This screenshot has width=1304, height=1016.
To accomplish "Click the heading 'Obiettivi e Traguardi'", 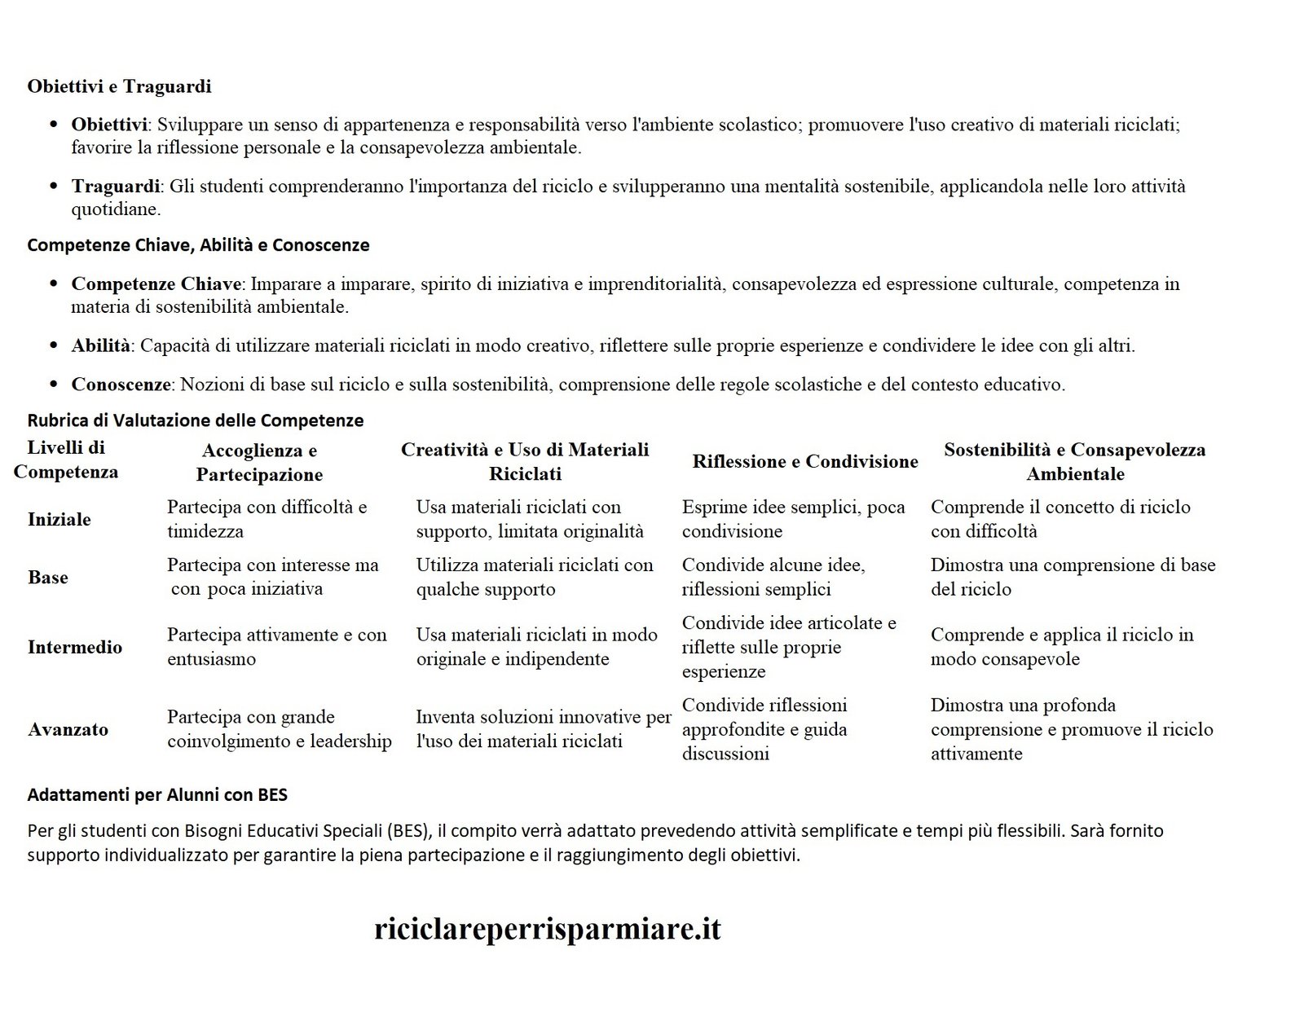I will [119, 86].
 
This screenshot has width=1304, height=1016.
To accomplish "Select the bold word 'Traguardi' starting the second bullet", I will [115, 187].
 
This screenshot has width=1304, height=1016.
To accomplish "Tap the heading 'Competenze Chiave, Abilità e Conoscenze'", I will [198, 245].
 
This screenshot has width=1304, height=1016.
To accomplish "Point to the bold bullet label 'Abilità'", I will [100, 345].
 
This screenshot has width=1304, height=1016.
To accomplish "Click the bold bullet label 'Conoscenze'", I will [121, 384].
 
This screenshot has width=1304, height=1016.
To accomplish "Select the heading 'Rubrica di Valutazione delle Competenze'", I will [196, 420].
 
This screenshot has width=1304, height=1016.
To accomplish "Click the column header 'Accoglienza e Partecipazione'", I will [259, 462].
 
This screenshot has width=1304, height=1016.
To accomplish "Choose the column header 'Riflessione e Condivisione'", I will [804, 461].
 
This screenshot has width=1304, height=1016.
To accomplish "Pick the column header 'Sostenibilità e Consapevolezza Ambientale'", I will [1074, 461].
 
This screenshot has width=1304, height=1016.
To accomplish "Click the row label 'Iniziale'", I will [59, 519].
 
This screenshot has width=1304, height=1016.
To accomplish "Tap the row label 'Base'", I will [48, 577].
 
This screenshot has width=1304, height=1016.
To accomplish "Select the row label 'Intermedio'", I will [75, 647].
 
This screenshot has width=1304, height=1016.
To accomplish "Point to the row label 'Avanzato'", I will [68, 729].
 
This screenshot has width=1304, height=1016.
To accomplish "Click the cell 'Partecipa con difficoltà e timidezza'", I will [267, 519].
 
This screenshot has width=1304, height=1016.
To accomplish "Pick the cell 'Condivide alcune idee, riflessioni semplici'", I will [773, 577].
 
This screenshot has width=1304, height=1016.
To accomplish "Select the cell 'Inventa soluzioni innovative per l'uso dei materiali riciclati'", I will [543, 729].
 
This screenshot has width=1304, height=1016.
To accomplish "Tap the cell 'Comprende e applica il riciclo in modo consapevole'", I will [1061, 647].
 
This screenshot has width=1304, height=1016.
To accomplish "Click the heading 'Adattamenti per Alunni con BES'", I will [157, 794].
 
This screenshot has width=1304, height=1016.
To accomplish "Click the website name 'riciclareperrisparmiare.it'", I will [548, 929].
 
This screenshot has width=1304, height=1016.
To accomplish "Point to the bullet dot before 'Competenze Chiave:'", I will [54, 284].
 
